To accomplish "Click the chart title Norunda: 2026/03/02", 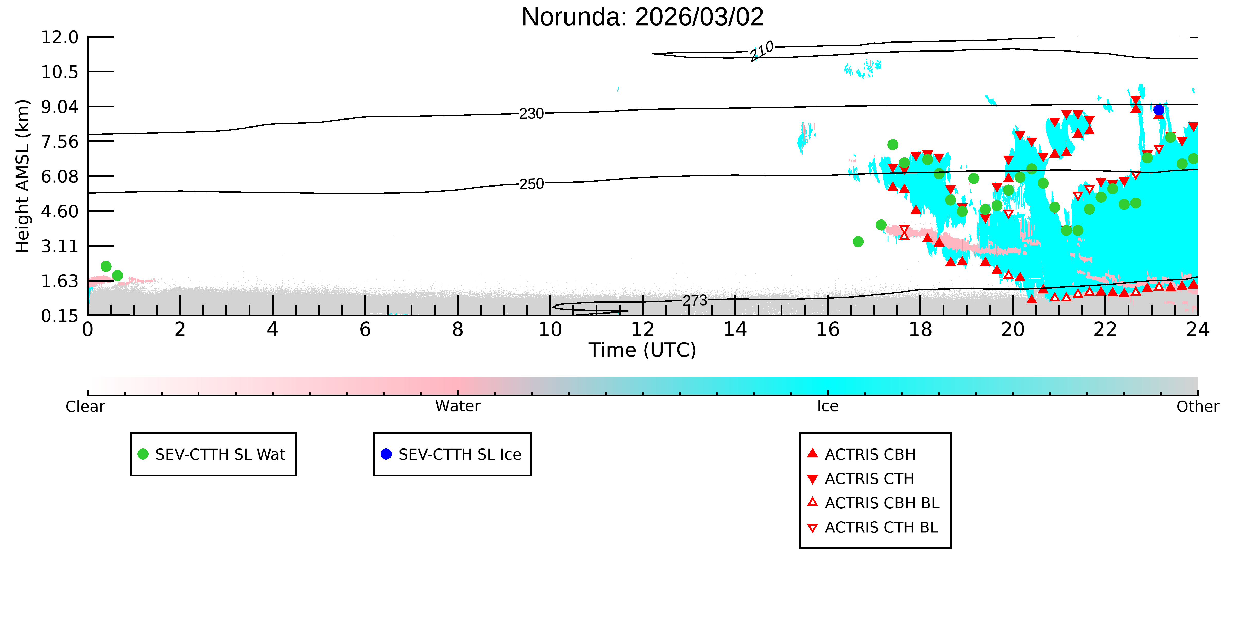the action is pos(642,17).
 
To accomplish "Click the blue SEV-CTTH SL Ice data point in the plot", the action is pos(1159,110).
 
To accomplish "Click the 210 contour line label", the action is pos(762,51).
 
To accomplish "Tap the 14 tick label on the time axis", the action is pos(735,330).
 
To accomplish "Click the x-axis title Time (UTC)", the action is pos(642,350).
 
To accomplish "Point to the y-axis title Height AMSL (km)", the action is pos(23,176).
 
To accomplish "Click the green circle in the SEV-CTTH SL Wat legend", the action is pos(143,454).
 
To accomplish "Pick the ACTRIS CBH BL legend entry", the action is pos(873,503).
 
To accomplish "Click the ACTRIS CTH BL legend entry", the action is pos(873,527).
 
